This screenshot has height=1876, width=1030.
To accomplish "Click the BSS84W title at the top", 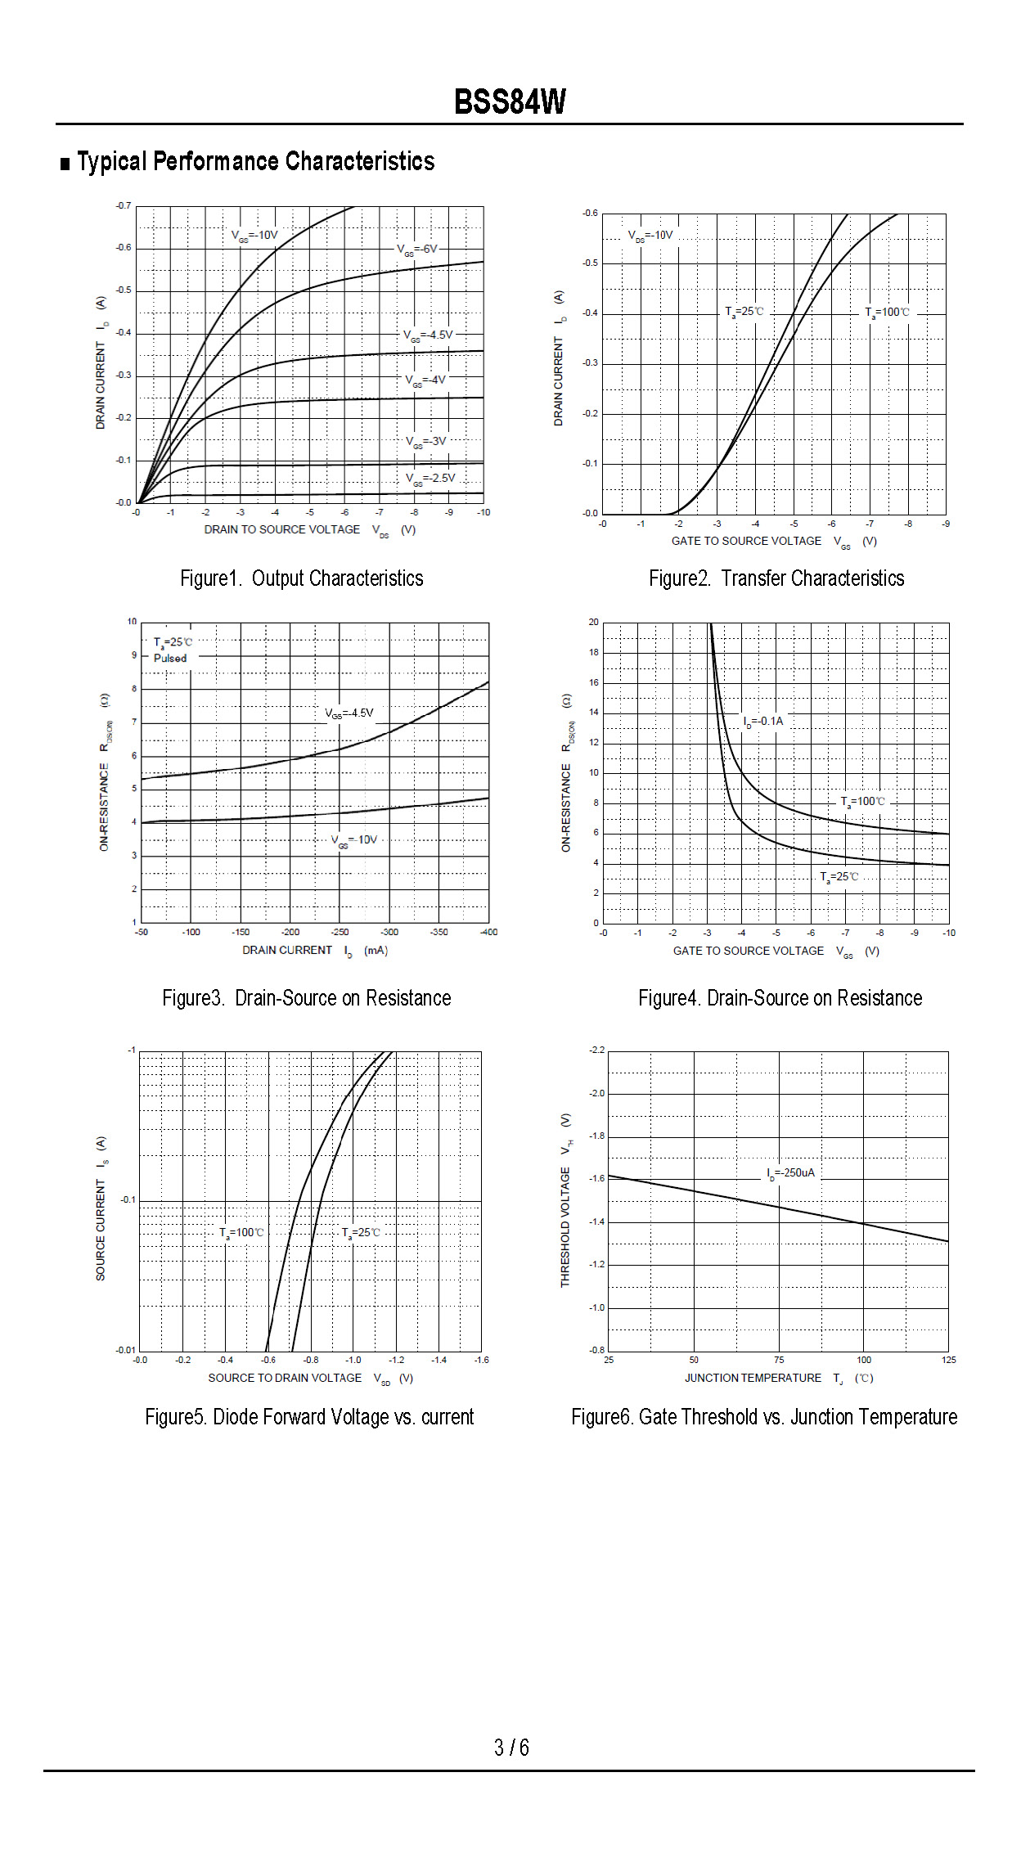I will (510, 102).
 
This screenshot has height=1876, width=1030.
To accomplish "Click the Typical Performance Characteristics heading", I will (255, 161).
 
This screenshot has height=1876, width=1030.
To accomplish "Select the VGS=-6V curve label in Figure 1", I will (417, 250).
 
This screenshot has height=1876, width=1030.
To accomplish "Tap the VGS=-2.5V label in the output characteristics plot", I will (430, 479).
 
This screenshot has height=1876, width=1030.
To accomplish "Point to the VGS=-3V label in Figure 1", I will (426, 442).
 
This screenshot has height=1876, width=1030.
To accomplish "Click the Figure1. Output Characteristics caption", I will (301, 578).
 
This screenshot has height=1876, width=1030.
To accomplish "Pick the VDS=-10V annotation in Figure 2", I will (650, 236).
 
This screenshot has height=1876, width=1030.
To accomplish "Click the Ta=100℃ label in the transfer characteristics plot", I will (888, 313).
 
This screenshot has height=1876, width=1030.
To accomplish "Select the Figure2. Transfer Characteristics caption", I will (776, 578).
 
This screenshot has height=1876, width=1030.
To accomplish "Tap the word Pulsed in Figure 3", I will (170, 658).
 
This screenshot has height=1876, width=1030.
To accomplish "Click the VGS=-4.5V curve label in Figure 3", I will (349, 713).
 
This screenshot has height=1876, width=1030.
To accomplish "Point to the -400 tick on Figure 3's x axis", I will (488, 932).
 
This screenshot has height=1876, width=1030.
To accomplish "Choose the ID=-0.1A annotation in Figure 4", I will (763, 722).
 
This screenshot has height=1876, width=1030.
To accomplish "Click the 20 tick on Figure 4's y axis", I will (593, 622).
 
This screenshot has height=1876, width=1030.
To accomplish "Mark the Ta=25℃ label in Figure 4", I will (839, 877).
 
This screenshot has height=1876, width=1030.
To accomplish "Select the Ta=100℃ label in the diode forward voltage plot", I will (241, 1233).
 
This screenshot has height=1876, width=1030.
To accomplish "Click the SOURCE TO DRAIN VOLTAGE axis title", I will (285, 1378).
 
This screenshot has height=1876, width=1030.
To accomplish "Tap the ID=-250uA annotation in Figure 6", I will (791, 1173).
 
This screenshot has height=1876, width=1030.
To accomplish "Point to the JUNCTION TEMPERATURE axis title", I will (753, 1378).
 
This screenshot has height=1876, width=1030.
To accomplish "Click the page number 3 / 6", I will (511, 1748).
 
